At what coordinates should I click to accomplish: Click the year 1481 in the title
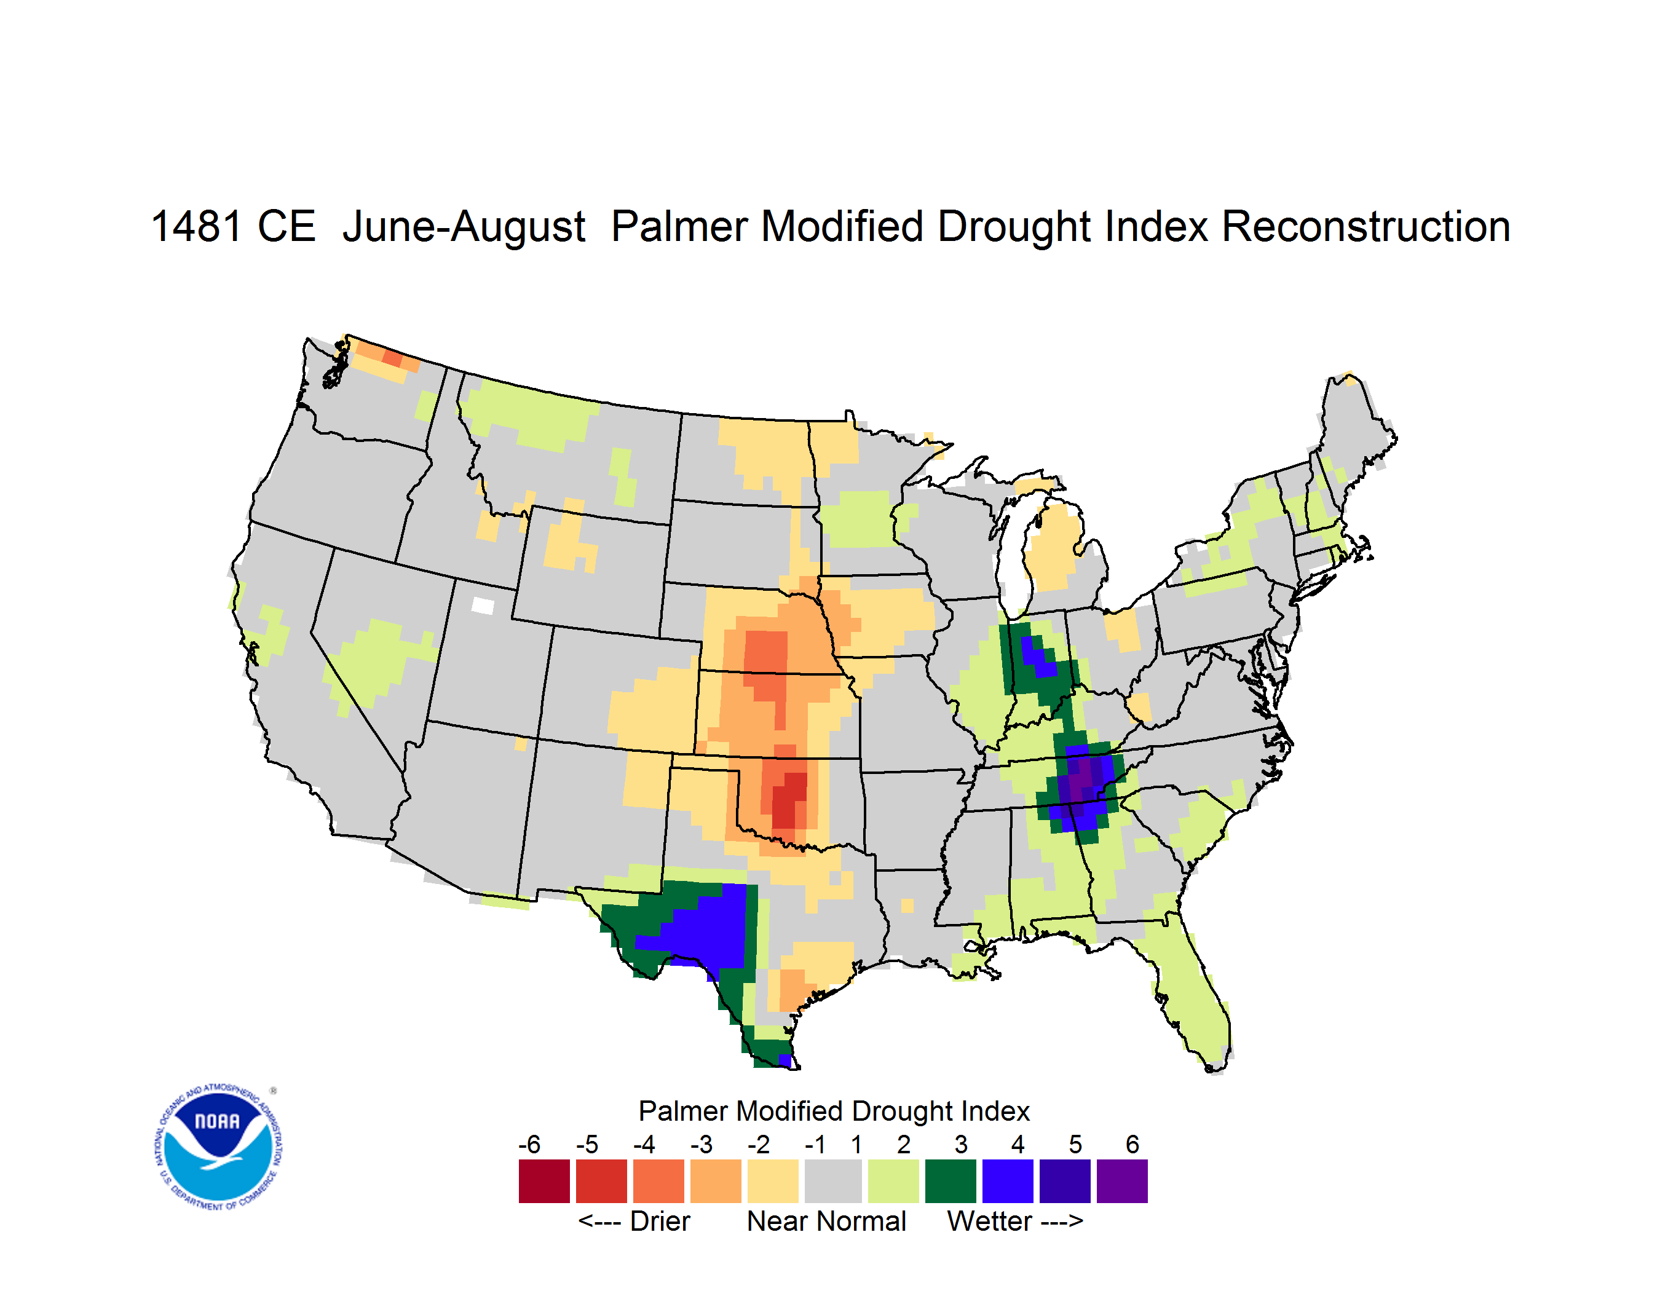click(x=196, y=226)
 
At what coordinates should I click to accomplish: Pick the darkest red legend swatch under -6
click(x=544, y=1181)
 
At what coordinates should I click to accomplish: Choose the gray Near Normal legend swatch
click(x=833, y=1181)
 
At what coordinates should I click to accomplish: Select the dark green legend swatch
click(x=950, y=1181)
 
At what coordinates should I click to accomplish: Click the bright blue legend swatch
click(x=1008, y=1181)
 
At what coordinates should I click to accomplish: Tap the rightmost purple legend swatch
click(x=1122, y=1181)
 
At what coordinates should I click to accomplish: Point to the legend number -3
click(x=701, y=1144)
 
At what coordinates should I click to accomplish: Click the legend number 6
click(x=1132, y=1144)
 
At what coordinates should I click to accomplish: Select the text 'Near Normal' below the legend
click(x=826, y=1221)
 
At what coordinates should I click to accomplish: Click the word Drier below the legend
click(x=660, y=1221)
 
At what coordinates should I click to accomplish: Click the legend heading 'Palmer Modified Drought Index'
click(x=834, y=1111)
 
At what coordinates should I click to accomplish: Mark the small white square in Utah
click(x=483, y=606)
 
